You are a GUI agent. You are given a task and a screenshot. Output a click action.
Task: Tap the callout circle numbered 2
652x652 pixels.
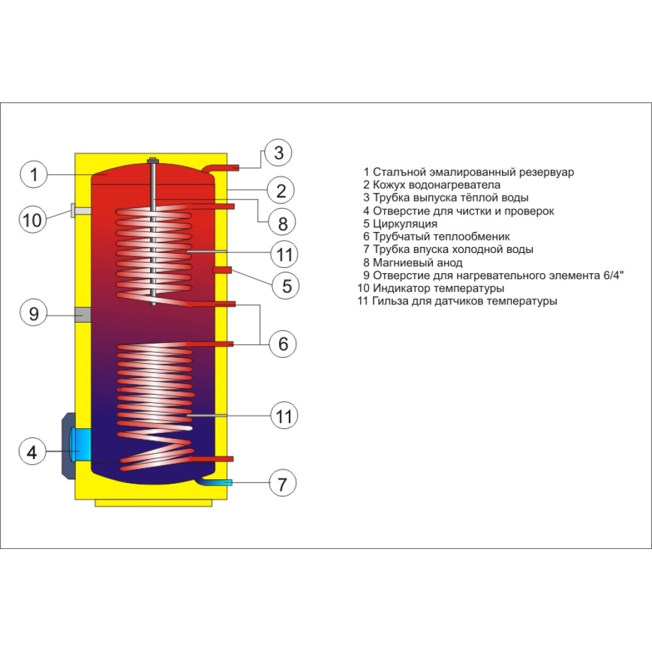[280, 191]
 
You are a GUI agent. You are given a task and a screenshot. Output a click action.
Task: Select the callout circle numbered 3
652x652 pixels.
[278, 153]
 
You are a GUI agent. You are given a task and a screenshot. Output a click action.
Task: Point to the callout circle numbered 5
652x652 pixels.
[285, 284]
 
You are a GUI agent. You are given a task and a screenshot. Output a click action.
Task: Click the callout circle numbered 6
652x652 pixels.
[283, 344]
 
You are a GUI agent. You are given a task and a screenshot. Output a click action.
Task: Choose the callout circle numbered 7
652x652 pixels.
[282, 484]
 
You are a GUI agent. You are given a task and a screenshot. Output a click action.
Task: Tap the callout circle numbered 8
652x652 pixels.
[282, 224]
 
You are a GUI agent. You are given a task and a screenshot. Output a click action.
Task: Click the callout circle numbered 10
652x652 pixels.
[32, 220]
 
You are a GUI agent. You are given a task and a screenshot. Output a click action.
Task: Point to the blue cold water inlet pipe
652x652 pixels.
[222, 482]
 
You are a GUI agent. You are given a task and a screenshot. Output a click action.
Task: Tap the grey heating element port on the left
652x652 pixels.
[83, 314]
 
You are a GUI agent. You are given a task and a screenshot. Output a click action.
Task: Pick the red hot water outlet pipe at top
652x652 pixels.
[226, 168]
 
